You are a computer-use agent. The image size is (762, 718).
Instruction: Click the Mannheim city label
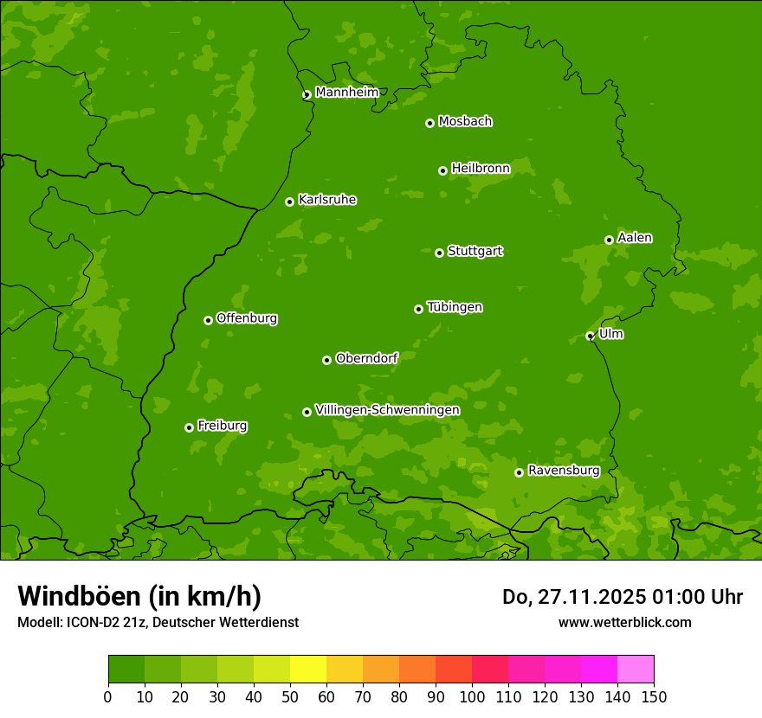point(346,93)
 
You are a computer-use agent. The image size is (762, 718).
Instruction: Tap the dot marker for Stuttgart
point(439,253)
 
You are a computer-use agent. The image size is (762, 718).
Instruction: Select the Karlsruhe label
point(327,200)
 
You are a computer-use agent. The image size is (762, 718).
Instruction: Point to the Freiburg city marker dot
point(189,427)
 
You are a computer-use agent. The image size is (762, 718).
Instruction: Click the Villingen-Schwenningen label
point(387,410)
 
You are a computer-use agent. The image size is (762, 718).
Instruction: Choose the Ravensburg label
point(564,471)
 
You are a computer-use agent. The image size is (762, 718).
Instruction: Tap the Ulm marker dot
point(590,336)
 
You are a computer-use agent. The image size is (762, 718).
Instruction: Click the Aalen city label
point(635,238)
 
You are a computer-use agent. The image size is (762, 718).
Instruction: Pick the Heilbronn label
point(481,169)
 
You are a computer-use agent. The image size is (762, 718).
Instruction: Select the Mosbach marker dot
point(429,123)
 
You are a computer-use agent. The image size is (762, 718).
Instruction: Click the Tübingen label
point(455,307)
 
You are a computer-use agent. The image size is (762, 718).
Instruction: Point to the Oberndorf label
point(366,358)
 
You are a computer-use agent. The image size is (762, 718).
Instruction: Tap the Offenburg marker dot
point(208,320)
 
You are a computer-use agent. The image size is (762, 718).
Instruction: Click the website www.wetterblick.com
point(624,622)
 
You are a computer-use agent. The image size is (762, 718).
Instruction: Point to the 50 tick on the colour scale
point(290,696)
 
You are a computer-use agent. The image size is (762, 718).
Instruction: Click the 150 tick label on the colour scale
point(654,696)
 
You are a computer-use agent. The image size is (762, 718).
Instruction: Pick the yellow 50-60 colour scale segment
point(308,669)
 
